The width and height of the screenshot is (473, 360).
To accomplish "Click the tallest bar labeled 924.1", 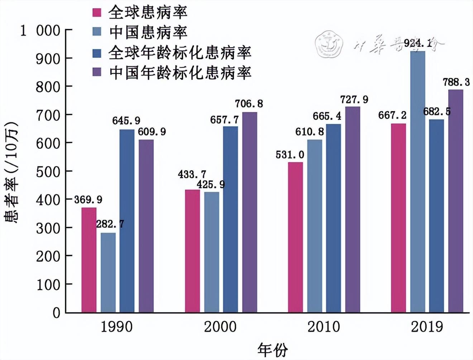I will [x=417, y=181].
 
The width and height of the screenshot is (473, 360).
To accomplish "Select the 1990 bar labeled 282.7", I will [x=108, y=273].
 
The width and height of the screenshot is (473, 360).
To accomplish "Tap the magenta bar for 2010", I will [x=295, y=237].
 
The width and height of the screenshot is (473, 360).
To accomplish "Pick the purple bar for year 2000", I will [x=249, y=212].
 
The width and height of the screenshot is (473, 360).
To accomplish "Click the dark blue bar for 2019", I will [x=436, y=216].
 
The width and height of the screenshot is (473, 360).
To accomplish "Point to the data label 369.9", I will [x=88, y=200].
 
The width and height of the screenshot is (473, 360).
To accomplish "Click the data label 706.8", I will [x=249, y=104].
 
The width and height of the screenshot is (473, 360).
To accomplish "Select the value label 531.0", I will [x=290, y=155].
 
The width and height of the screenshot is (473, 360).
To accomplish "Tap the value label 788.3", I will [x=456, y=82].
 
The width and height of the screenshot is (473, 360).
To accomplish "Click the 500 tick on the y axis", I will [x=48, y=171].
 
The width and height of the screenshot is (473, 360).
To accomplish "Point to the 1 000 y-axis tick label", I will [x=40, y=31].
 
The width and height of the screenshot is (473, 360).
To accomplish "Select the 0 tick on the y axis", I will [x=56, y=313].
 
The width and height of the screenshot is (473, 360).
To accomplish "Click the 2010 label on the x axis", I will [x=323, y=327].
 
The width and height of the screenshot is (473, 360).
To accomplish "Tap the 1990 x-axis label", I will [x=116, y=327].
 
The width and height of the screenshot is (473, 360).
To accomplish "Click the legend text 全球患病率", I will [x=148, y=13].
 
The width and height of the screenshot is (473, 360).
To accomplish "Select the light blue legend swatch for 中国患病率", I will [x=97, y=32].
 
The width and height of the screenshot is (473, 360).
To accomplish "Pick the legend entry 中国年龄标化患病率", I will [x=180, y=73].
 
